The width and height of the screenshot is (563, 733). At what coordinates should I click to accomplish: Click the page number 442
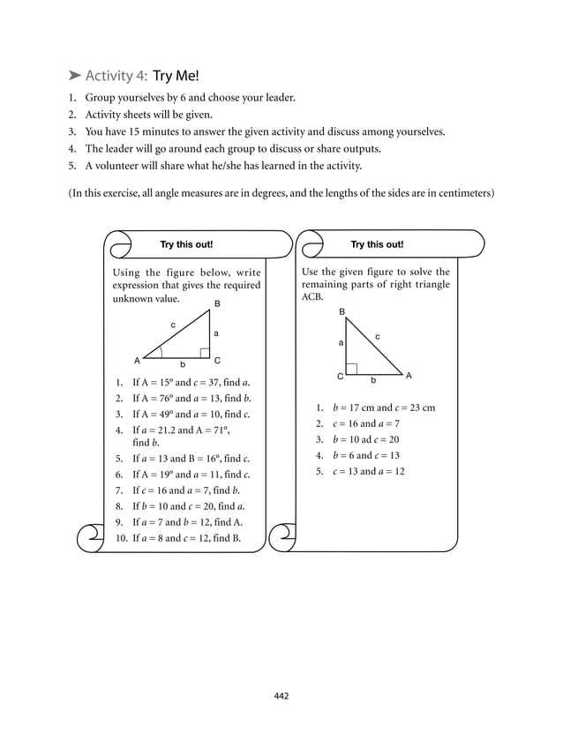point(281,696)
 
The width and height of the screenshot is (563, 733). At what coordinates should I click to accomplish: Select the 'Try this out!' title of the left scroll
point(186,244)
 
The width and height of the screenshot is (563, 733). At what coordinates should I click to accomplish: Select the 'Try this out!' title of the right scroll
point(377,244)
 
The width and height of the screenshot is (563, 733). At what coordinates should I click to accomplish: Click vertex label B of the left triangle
point(216,304)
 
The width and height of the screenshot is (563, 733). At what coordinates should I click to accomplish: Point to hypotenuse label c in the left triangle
point(173,325)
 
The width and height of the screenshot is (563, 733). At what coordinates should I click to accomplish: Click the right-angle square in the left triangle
point(205,353)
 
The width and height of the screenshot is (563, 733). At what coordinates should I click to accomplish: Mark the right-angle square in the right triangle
point(351,368)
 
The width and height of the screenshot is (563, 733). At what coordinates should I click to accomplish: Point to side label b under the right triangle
point(373,380)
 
